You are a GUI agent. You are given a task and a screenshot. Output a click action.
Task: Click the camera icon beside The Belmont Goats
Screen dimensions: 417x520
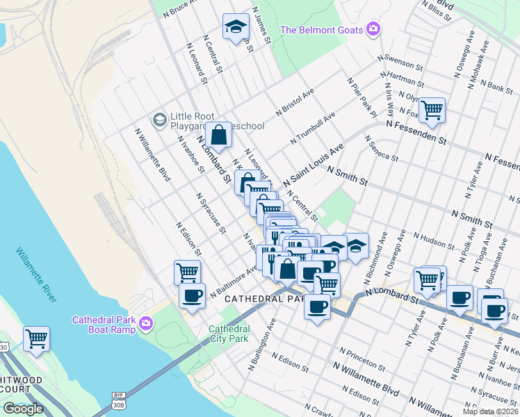click(374, 29)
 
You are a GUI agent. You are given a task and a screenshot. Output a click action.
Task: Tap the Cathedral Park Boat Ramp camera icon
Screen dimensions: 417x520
click(146, 323)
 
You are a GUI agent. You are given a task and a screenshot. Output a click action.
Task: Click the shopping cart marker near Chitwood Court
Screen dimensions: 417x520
click(36, 339)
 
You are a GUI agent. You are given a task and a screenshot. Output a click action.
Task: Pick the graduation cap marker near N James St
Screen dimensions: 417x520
click(236, 27)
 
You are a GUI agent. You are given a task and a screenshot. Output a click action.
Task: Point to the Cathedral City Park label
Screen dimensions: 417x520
click(229, 334)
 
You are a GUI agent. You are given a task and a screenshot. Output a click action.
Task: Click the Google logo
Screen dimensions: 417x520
click(23, 409)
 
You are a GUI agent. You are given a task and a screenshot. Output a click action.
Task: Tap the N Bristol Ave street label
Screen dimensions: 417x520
click(295, 101)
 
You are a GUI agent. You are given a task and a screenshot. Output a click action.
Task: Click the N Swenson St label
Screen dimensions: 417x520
click(400, 61)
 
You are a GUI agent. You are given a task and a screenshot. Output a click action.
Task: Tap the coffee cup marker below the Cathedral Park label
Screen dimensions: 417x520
click(318, 306)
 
